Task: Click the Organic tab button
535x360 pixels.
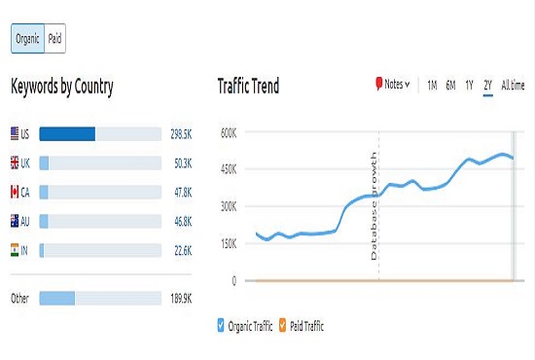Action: point(27,39)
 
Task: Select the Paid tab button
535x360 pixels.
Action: point(54,39)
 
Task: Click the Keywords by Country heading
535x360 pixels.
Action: point(62,87)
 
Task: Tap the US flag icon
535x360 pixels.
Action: point(15,133)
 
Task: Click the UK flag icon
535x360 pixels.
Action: point(15,163)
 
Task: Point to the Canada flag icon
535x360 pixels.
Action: point(15,193)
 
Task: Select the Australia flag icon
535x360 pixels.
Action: point(15,222)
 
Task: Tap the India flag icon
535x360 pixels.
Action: point(15,251)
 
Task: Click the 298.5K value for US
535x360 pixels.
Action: point(182,133)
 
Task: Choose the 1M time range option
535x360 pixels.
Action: point(432,86)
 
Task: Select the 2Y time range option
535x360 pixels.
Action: point(487,86)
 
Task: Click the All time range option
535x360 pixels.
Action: point(513,86)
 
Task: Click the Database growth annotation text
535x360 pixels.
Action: point(372,204)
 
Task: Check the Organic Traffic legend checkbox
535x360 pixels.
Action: point(222,326)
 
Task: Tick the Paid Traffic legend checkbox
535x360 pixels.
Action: point(283,326)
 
